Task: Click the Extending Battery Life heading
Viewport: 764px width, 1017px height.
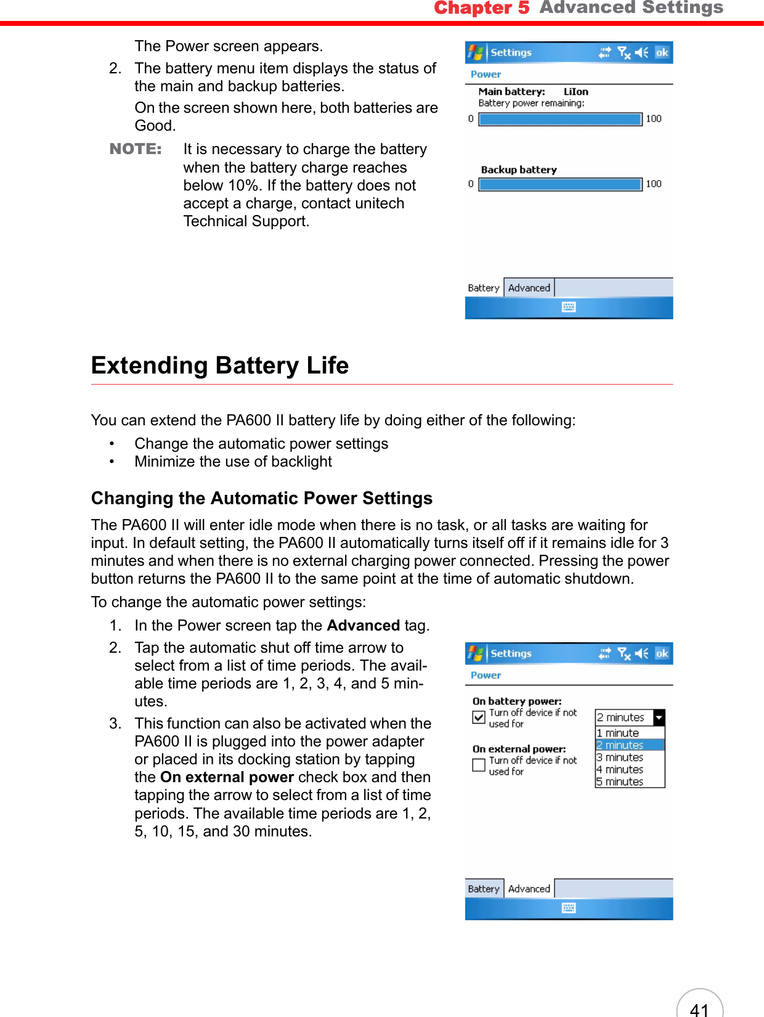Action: pyautogui.click(x=220, y=366)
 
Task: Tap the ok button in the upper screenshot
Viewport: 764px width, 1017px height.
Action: pyautogui.click(x=662, y=53)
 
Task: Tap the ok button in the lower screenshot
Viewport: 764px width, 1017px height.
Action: pyautogui.click(x=662, y=654)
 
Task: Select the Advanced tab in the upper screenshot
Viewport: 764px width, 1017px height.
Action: pyautogui.click(x=529, y=288)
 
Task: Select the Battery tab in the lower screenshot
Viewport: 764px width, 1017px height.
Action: pyautogui.click(x=484, y=889)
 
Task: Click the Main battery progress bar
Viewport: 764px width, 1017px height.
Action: pyautogui.click(x=560, y=119)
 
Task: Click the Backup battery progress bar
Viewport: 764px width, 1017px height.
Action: pyautogui.click(x=560, y=184)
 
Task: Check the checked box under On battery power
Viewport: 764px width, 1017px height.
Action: pyautogui.click(x=479, y=717)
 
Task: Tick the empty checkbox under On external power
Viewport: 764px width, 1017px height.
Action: pyautogui.click(x=479, y=765)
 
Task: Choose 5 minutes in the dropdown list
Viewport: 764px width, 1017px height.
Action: pyautogui.click(x=620, y=782)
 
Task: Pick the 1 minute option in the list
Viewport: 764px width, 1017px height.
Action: pyautogui.click(x=618, y=733)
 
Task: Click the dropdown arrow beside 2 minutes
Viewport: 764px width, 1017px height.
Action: pyautogui.click(x=659, y=717)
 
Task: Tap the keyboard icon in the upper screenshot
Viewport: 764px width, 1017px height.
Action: pyautogui.click(x=569, y=307)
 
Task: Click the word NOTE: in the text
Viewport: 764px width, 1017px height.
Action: pyautogui.click(x=136, y=149)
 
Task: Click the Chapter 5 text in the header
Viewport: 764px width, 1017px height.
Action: pyautogui.click(x=481, y=8)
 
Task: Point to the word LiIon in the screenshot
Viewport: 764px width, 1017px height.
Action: pyautogui.click(x=576, y=92)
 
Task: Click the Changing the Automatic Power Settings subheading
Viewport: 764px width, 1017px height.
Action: pyautogui.click(x=262, y=498)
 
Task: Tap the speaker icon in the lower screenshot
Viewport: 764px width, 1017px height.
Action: pyautogui.click(x=641, y=653)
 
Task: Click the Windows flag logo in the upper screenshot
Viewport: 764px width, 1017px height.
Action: pyautogui.click(x=475, y=53)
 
